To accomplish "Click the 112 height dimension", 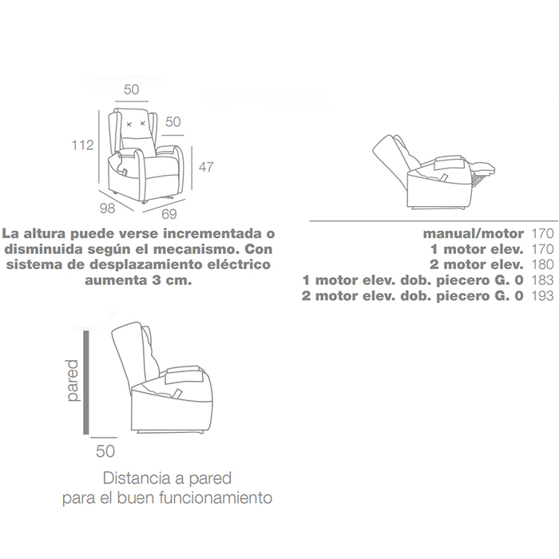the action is [x=83, y=145].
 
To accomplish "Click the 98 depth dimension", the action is [x=107, y=208].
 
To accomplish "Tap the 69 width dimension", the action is [x=169, y=214].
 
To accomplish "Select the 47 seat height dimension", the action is [x=206, y=167].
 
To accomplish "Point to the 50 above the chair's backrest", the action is [x=131, y=89].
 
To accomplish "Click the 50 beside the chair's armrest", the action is [x=173, y=122].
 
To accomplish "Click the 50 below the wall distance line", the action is [x=105, y=451].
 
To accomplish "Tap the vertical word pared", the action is [x=72, y=381].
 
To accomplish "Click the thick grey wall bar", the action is [x=86, y=383].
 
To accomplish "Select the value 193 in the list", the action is [x=542, y=295].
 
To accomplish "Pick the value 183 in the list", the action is [x=542, y=279].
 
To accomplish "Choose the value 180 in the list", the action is [x=542, y=264].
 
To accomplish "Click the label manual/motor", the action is [x=474, y=233].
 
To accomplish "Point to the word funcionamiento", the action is [x=216, y=498].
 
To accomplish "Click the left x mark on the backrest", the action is [x=129, y=124].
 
